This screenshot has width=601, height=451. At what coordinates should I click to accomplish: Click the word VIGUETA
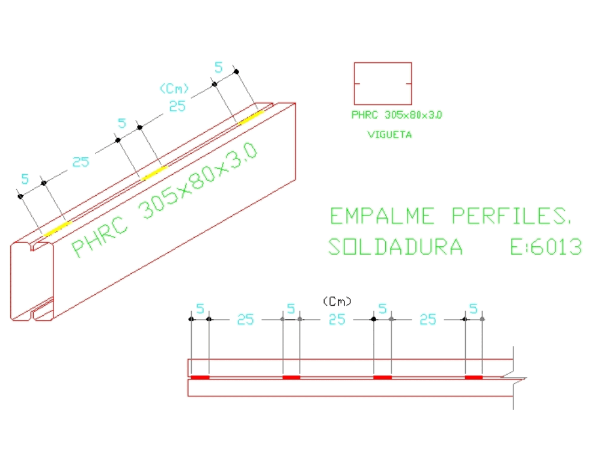pyautogui.click(x=389, y=135)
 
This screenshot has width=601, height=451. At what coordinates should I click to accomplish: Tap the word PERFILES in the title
pyautogui.click(x=511, y=216)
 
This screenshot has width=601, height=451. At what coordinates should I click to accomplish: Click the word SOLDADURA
pyautogui.click(x=396, y=247)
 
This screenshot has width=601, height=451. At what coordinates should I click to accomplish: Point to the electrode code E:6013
pyautogui.click(x=546, y=247)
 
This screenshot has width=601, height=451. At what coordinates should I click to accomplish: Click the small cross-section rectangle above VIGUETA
pyautogui.click(x=383, y=84)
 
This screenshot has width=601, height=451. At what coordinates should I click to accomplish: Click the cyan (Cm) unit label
pyautogui.click(x=174, y=89)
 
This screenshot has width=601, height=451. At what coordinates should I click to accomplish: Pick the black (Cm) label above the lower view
pyautogui.click(x=337, y=300)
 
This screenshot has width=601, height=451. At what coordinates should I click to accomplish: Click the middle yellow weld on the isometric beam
pyautogui.click(x=154, y=172)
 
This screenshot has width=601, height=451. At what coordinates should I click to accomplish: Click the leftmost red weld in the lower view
pyautogui.click(x=200, y=378)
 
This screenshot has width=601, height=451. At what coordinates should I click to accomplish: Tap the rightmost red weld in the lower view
pyautogui.click(x=474, y=378)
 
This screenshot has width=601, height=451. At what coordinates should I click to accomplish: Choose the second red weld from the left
pyautogui.click(x=291, y=378)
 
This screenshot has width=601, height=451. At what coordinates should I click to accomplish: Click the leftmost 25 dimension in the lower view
pyautogui.click(x=245, y=319)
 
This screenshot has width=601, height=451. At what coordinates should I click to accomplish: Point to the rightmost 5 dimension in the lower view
pyautogui.click(x=473, y=309)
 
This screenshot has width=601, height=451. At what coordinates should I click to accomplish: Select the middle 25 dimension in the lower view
pyautogui.click(x=337, y=319)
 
